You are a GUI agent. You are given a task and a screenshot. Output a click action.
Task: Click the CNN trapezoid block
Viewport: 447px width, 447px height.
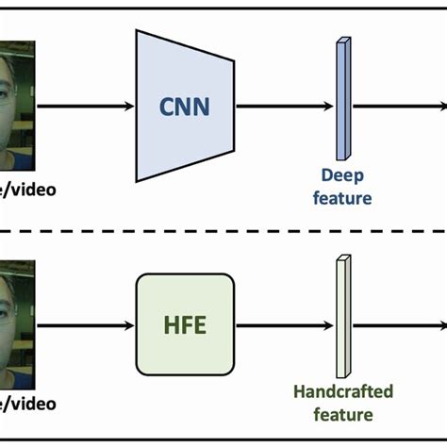click(x=185, y=106)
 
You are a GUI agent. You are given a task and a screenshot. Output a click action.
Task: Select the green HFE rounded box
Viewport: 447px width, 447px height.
click(x=185, y=325)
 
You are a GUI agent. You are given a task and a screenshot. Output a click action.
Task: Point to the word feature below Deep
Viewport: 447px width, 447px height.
click(x=343, y=198)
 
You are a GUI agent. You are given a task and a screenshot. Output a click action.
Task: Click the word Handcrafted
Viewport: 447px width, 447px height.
click(x=343, y=391)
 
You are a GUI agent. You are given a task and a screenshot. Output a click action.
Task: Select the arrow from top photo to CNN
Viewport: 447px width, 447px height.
click(x=85, y=106)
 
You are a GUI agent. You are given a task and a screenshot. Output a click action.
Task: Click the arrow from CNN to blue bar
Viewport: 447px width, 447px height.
click(x=283, y=106)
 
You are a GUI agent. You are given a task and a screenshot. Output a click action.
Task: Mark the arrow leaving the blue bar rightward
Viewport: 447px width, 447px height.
click(x=396, y=106)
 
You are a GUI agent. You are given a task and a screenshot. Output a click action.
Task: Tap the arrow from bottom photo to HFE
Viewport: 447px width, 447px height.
click(x=85, y=325)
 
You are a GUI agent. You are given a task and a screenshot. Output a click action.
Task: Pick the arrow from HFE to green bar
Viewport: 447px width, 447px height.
click(x=283, y=325)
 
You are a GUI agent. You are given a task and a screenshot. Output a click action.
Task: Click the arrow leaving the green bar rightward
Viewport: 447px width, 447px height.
click(x=396, y=325)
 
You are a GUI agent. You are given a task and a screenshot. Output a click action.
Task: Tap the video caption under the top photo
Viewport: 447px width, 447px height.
click(x=28, y=190)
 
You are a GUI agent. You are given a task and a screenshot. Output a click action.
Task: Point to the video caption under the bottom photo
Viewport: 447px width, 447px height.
click(x=28, y=405)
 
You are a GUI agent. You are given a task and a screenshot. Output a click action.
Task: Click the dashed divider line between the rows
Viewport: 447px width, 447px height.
click(x=223, y=232)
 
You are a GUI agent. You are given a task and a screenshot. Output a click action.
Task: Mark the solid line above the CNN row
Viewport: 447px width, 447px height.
click(x=223, y=8)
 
